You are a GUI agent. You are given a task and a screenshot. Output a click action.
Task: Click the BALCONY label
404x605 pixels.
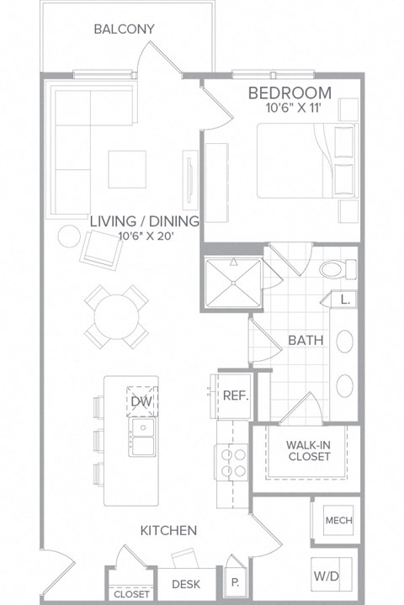tap(124, 29)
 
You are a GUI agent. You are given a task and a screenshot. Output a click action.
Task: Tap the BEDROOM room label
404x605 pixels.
tap(289, 93)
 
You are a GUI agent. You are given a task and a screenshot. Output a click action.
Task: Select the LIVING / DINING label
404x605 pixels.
tap(146, 221)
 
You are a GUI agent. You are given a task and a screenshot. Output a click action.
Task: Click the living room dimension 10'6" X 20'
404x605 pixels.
tap(146, 236)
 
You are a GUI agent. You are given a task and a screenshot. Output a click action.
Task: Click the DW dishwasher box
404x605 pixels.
tap(140, 402)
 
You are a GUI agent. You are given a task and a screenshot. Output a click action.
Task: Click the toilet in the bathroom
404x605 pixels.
tap(338, 270)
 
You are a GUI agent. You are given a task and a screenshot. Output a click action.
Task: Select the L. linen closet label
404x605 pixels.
tap(345, 299)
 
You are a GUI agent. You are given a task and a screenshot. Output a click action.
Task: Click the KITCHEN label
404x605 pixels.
tap(168, 530)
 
